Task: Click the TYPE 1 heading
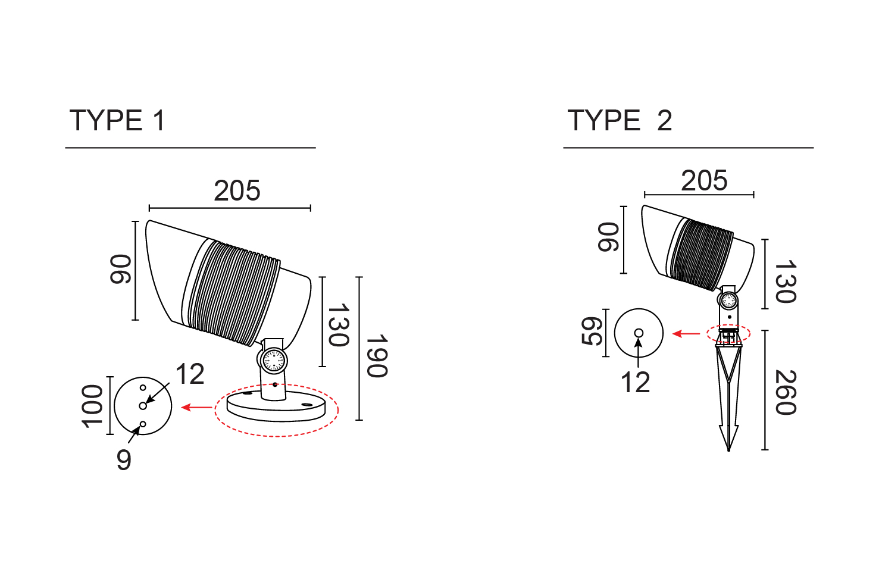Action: [117, 121]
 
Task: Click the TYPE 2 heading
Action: [620, 121]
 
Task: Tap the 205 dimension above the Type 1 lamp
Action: [237, 191]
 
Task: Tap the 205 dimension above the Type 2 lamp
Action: [704, 181]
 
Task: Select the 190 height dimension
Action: [377, 356]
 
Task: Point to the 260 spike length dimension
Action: [786, 392]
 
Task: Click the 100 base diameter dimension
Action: [92, 406]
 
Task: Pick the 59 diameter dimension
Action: [592, 331]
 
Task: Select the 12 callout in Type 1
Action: [190, 375]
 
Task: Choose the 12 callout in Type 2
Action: [635, 383]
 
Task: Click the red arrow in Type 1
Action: [196, 408]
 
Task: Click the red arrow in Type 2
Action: [686, 334]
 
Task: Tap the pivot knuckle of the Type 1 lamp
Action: [273, 361]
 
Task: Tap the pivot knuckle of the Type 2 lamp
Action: [728, 301]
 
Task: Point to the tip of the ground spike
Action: [728, 449]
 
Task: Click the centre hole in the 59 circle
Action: [639, 333]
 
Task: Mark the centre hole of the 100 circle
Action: [143, 406]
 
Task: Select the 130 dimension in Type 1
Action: [338, 325]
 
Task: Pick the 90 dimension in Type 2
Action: [608, 237]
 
